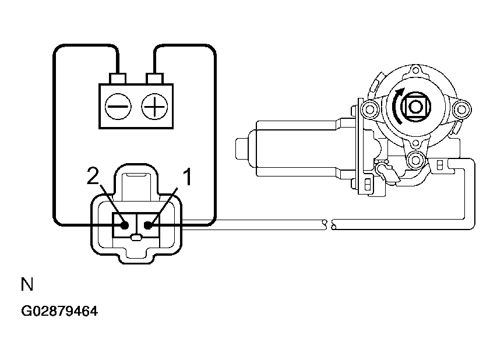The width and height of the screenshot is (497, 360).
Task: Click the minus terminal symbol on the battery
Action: pos(118,107)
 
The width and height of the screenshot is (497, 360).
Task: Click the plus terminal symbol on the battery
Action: pos(154,107)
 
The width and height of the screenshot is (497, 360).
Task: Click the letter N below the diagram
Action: pos(27,284)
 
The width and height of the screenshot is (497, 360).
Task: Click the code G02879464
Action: pos(59,311)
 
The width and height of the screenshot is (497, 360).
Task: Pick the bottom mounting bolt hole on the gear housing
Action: pos(415,158)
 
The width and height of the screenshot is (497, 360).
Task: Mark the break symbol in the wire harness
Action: pos(329,224)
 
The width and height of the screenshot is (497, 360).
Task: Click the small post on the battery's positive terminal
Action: pos(154,78)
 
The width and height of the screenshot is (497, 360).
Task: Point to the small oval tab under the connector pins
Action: pos(136,237)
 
